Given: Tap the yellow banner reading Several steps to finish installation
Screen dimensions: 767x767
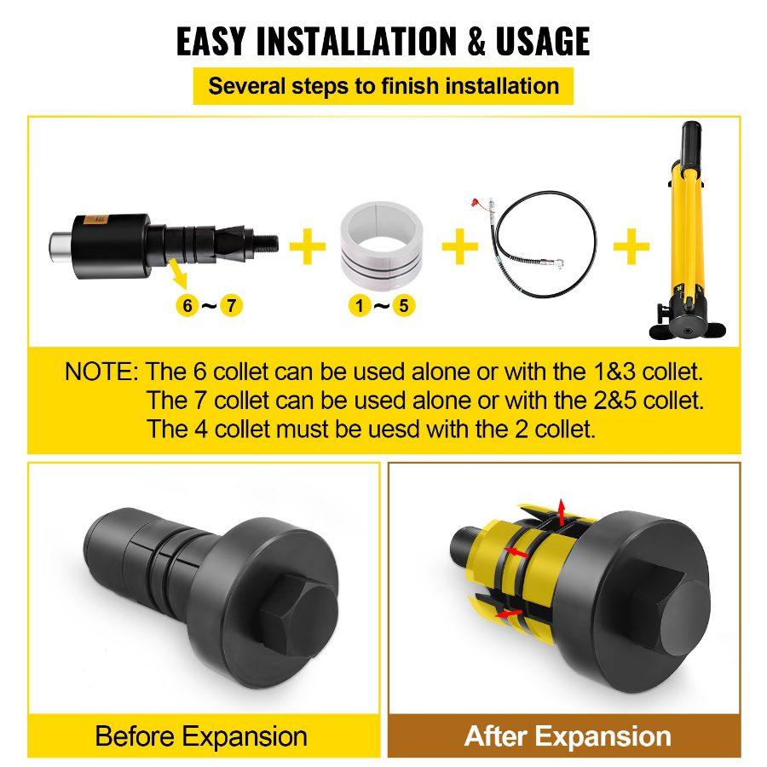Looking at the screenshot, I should (x=383, y=86).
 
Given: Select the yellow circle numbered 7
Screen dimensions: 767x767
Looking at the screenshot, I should (x=230, y=304).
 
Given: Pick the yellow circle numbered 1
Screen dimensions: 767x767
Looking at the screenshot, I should (x=358, y=304).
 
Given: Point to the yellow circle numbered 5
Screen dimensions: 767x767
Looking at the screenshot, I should (x=405, y=304).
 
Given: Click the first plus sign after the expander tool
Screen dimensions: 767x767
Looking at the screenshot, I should (x=308, y=247).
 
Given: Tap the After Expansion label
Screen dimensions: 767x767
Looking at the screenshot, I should (x=568, y=735).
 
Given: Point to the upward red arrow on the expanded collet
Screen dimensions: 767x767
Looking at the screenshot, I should (x=561, y=512).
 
